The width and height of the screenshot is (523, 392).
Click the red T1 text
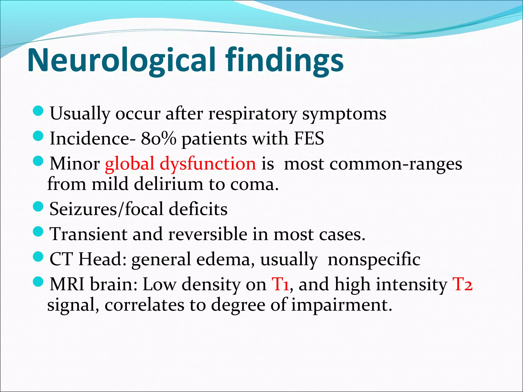tap(280, 284)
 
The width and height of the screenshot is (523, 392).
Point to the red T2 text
tap(462, 284)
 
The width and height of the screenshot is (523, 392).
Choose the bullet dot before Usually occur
tap(39, 111)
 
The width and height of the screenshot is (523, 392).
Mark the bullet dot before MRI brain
tap(39, 282)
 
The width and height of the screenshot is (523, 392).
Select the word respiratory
tap(253, 114)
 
